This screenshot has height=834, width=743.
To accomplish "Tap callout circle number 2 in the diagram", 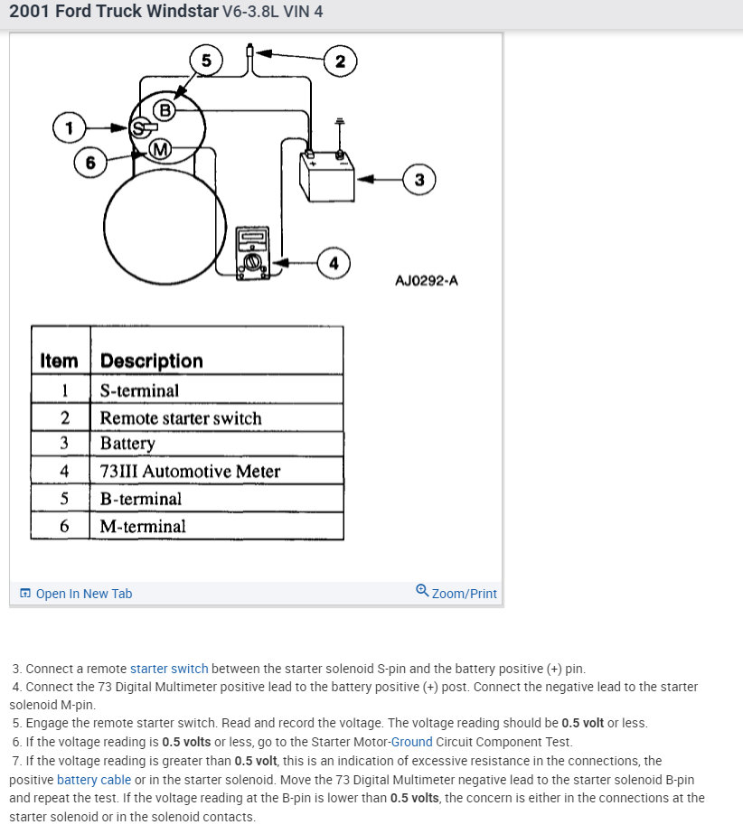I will pyautogui.click(x=340, y=61).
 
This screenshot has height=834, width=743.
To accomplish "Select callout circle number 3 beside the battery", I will pyautogui.click(x=419, y=179).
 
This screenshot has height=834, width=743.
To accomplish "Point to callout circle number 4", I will pyautogui.click(x=334, y=263).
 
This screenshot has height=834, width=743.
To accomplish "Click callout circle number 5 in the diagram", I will pyautogui.click(x=206, y=61).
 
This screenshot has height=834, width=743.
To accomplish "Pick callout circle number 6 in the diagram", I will pyautogui.click(x=89, y=163).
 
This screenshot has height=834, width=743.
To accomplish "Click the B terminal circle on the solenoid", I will pyautogui.click(x=165, y=110).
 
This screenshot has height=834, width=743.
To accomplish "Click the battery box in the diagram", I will pyautogui.click(x=326, y=177).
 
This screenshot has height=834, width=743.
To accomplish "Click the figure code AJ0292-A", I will pyautogui.click(x=426, y=280).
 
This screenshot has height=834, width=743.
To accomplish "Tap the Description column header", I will pyautogui.click(x=151, y=361).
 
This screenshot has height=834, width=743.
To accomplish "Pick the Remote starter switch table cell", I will pyautogui.click(x=181, y=418).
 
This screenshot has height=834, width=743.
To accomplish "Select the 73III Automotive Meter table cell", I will pyautogui.click(x=190, y=471).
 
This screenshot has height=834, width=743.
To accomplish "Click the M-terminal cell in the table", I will pyautogui.click(x=143, y=526).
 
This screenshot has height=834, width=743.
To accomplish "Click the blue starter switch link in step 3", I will pyautogui.click(x=169, y=669).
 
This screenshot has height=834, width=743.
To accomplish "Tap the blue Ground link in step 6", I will pyautogui.click(x=411, y=742).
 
